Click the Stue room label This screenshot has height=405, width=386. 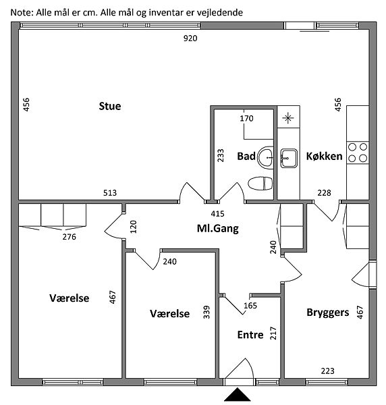(110, 106)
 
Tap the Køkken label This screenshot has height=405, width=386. (325, 157)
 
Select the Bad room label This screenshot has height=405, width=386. (246, 157)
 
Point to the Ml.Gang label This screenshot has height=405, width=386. (218, 229)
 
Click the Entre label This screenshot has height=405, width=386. (250, 335)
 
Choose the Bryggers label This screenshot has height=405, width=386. (328, 313)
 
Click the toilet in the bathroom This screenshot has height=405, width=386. (260, 184)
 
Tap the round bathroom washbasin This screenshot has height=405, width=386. (265, 157)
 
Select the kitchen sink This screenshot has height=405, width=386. (289, 158)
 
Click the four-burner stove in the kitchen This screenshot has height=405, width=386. (358, 153)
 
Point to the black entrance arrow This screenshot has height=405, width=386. (238, 394)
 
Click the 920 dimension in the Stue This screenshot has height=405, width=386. (190, 38)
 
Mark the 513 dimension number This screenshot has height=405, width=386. (110, 193)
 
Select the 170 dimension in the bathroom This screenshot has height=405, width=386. (246, 119)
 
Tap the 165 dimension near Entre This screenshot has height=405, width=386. (250, 306)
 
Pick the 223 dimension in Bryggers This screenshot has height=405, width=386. (328, 371)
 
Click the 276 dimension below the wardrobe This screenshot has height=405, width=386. (70, 237)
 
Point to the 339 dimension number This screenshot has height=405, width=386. (206, 312)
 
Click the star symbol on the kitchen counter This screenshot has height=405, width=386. (288, 118)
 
